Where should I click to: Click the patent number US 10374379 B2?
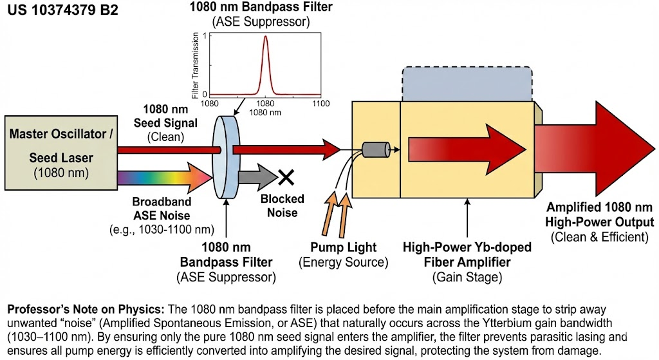point(63,10)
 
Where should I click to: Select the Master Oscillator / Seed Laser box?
point(61,153)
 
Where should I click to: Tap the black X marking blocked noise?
point(286,178)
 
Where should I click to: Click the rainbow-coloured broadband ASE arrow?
point(165,178)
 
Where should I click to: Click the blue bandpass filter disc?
point(226,156)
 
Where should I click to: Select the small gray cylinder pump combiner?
point(376,149)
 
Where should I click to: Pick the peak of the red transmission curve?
point(265,36)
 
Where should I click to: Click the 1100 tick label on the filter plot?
point(320,104)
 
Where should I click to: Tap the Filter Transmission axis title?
point(195,66)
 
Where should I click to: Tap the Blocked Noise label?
point(282,205)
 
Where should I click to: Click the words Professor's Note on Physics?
point(86,310)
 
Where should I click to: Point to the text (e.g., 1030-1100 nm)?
point(162,230)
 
